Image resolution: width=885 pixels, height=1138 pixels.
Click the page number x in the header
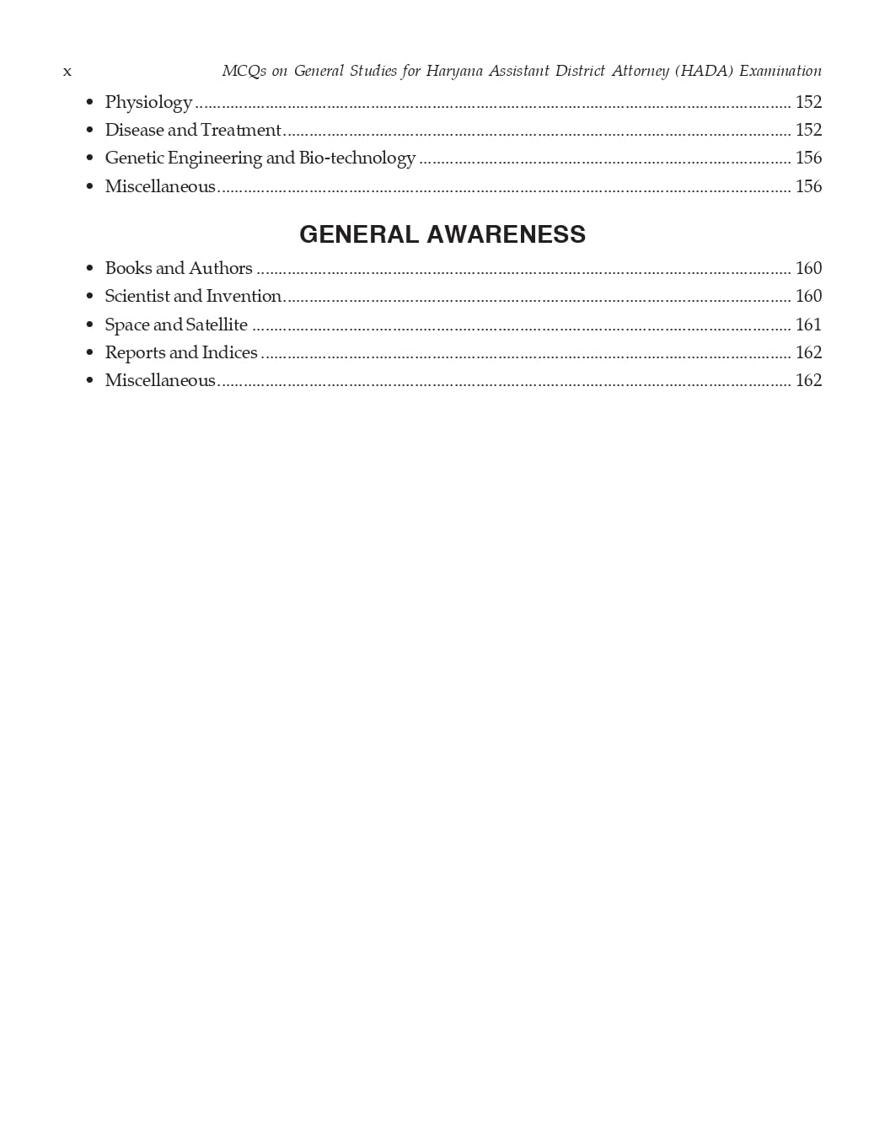coord(67,72)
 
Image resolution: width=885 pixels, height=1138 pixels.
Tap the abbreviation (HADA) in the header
coord(704,72)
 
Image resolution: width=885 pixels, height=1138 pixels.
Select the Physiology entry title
coord(148,103)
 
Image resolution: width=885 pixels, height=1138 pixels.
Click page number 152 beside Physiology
coord(808,102)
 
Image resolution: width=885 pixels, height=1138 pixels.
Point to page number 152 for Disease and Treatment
coord(808,130)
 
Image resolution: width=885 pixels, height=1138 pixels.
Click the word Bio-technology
coord(357,158)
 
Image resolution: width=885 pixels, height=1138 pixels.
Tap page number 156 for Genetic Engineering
coord(808,158)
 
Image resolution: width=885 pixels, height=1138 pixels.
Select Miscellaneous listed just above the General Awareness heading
coord(160,186)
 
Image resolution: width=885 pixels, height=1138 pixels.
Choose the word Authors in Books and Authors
coord(221,268)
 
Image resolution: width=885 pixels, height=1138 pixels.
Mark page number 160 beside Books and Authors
coord(808,268)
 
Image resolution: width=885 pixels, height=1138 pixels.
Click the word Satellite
coord(217,325)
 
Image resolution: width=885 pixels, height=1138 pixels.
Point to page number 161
coord(808,325)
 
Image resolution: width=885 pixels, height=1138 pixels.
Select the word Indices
coord(230,352)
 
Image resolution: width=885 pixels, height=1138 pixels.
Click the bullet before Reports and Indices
coord(89,353)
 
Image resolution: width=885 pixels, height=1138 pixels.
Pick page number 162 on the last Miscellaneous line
coord(808,380)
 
